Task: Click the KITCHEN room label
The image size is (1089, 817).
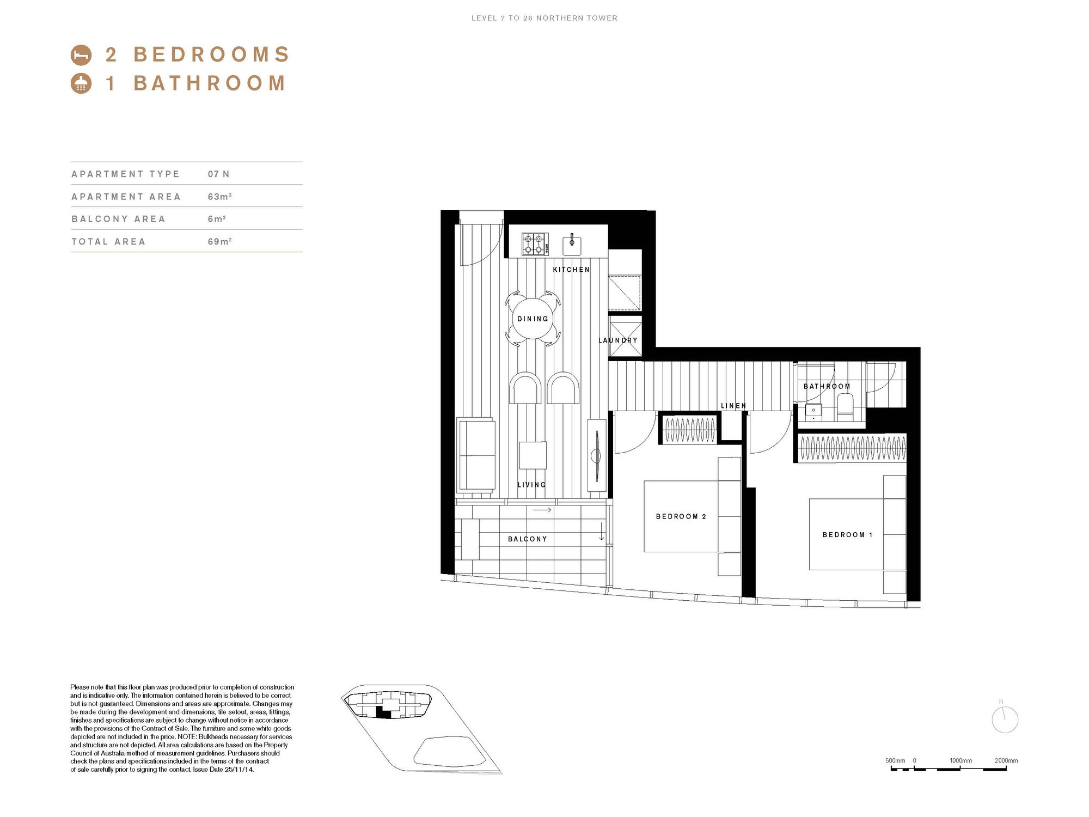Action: point(571,270)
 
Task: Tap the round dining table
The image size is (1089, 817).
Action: point(533,319)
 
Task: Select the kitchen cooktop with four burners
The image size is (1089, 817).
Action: point(535,244)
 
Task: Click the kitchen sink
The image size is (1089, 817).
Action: point(572,245)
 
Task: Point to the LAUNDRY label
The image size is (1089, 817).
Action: point(618,340)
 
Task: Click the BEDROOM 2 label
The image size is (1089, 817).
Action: point(681,516)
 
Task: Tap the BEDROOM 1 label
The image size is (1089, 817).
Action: point(847,535)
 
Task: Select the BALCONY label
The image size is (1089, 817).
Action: point(527,539)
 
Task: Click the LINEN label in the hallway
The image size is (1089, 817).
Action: point(733,406)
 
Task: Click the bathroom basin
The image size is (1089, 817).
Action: point(813,411)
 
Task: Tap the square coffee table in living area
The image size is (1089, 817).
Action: point(533,455)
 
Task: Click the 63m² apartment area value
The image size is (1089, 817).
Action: point(219,197)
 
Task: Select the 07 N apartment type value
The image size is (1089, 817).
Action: point(218,174)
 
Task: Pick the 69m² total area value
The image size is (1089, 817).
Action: point(219,241)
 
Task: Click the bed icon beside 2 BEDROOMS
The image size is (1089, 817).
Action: point(81,54)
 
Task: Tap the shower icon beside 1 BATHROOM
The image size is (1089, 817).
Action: point(81,83)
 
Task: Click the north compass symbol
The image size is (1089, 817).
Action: point(1005,720)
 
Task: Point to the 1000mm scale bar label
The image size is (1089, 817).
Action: point(961,761)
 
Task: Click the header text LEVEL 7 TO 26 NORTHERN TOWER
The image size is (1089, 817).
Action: point(544,18)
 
